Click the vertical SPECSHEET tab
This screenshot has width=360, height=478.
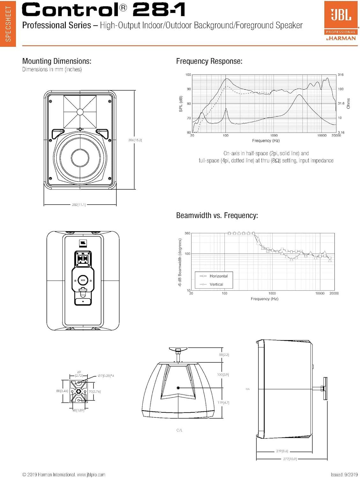[8, 24]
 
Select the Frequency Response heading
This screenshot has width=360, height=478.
[209, 61]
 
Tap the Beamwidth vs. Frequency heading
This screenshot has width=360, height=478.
[217, 215]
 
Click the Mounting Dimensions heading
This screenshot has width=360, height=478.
[57, 61]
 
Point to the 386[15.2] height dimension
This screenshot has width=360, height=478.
[135, 140]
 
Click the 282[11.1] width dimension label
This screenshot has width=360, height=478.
[79, 205]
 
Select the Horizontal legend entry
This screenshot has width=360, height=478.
[218, 276]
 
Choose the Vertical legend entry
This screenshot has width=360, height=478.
[216, 284]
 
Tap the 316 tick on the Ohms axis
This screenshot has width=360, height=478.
[341, 75]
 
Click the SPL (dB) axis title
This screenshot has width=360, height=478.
[181, 104]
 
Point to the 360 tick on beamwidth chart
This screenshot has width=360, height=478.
[187, 233]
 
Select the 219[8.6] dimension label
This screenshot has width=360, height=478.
[282, 451]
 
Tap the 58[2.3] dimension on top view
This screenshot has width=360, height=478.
[224, 355]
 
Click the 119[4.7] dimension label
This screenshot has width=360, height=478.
[223, 402]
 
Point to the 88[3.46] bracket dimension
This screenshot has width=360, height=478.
[62, 391]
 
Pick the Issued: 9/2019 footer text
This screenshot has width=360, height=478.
[344, 474]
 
